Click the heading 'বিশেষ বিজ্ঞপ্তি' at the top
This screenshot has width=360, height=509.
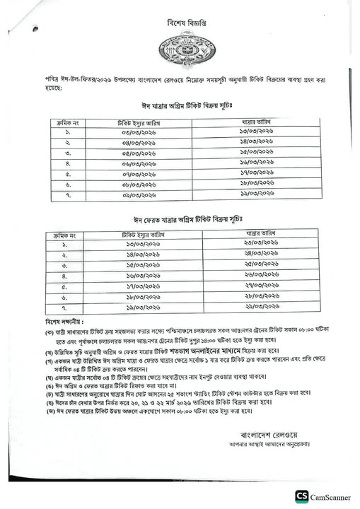(x=182, y=23)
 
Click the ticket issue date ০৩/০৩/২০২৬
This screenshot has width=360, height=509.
(x=138, y=134)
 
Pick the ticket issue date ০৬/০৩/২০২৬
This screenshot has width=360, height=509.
(x=138, y=164)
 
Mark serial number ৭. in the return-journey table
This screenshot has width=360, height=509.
(x=63, y=308)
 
